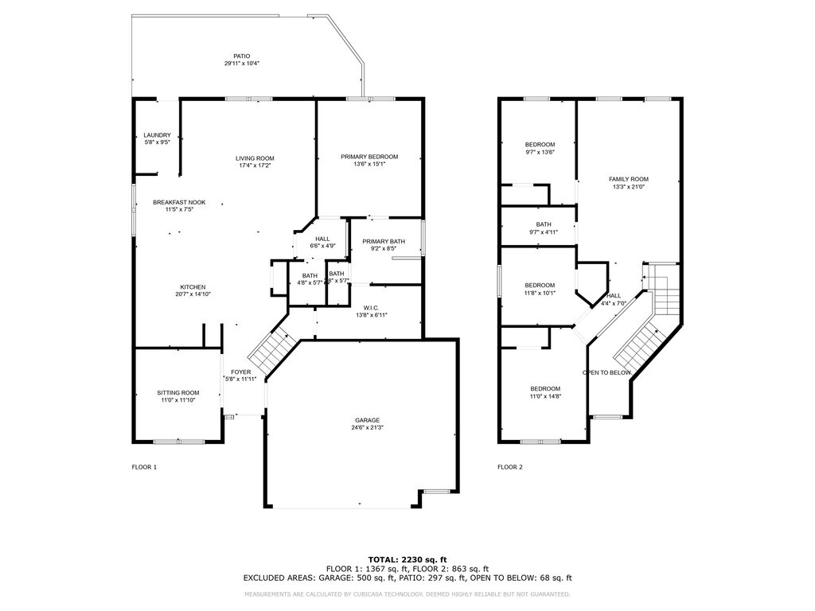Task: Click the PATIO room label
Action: click(x=242, y=56)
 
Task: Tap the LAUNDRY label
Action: click(x=157, y=135)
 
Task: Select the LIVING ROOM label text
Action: click(x=255, y=158)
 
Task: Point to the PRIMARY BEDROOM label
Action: click(x=369, y=157)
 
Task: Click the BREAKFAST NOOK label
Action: click(x=179, y=203)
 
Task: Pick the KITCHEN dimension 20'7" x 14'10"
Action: click(x=193, y=294)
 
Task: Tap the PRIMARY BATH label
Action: click(x=384, y=241)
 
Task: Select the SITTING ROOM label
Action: click(x=177, y=392)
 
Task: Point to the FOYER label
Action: click(x=241, y=372)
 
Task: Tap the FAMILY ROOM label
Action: click(x=629, y=179)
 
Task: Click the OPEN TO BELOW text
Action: click(x=607, y=372)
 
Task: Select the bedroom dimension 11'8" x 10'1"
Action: click(x=540, y=293)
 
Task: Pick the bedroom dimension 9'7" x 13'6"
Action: click(x=540, y=152)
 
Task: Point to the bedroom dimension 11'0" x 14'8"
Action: click(x=545, y=396)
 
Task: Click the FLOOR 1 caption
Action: click(x=144, y=467)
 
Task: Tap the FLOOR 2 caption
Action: click(x=510, y=467)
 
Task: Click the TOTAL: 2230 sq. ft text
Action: click(x=407, y=559)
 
